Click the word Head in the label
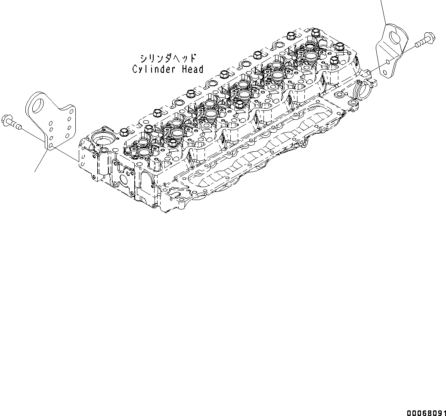(192, 69)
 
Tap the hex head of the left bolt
(7, 119)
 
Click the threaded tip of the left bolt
(19, 125)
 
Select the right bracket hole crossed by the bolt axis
(388, 62)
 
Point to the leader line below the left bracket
(40, 160)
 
